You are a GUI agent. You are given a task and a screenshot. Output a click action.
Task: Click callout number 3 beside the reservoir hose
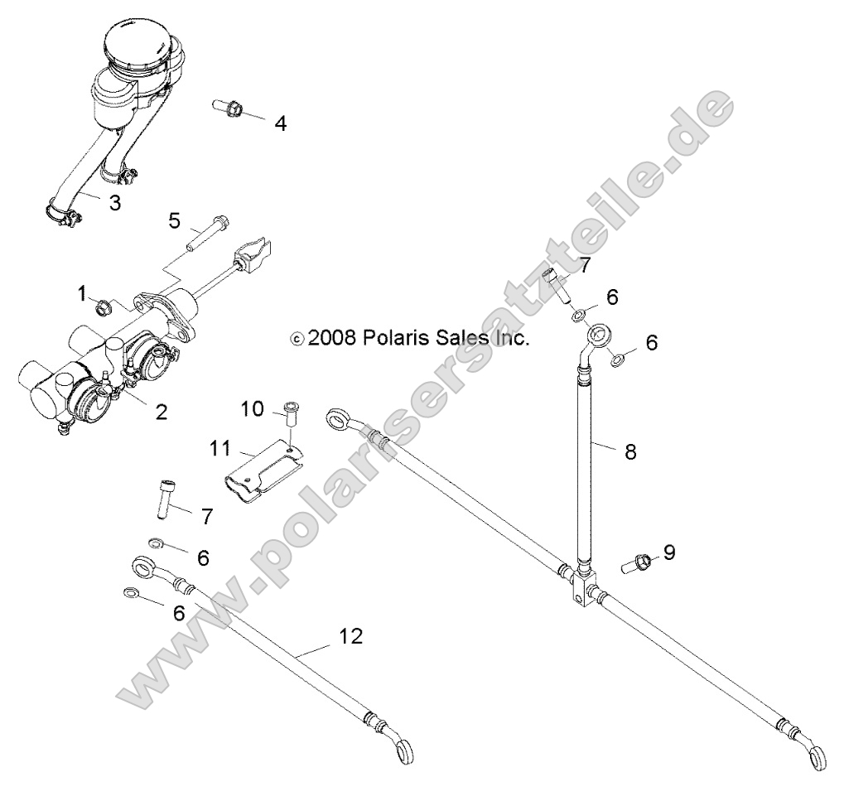115,201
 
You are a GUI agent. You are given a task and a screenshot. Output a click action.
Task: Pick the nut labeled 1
105,309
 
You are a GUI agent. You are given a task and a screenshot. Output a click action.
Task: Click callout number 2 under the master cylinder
161,412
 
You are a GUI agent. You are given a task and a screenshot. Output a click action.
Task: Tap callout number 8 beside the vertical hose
630,451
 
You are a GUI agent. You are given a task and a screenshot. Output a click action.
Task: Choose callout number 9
669,552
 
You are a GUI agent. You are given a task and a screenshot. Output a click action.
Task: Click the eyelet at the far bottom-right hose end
818,756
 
